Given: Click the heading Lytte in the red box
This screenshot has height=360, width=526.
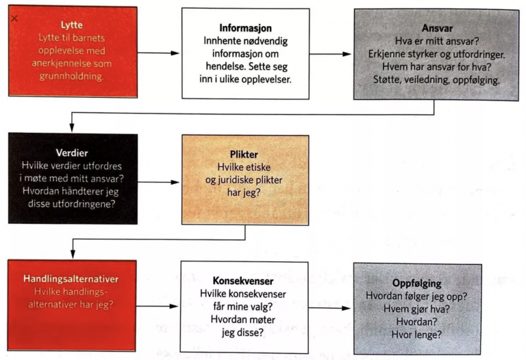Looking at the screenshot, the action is (72, 25).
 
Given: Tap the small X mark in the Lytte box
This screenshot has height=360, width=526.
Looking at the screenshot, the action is (14, 18).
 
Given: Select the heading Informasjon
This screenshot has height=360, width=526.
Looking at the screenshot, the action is (246, 28).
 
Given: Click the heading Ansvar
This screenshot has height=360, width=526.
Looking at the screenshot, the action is (437, 28).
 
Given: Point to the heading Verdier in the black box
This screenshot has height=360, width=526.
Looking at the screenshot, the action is (72, 153).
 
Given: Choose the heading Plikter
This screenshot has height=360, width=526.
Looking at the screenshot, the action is (244, 155).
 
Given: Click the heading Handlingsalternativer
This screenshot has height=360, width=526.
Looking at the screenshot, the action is (71, 279).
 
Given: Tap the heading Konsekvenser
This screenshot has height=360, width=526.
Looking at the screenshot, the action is (243, 281).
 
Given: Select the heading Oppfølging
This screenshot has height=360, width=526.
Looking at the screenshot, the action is (416, 283).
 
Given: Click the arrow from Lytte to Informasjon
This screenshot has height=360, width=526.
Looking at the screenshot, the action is (158, 53).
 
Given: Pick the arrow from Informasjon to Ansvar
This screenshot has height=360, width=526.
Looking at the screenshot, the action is (330, 54).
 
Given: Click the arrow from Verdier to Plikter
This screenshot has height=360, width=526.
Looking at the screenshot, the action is (158, 182).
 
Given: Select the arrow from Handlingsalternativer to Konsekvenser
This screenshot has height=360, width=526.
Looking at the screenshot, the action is (157, 306).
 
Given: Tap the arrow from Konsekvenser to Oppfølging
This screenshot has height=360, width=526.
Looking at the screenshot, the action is (329, 308).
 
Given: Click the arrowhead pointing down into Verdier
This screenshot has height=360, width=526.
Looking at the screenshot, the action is (72, 127).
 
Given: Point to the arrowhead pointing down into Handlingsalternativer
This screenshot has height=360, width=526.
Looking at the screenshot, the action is (73, 254).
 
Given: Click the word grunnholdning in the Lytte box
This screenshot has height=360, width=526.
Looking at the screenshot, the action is (71, 77).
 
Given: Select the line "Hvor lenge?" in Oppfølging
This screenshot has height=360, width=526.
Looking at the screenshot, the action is (416, 335).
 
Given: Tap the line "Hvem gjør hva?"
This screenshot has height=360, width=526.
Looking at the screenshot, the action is (416, 309).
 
